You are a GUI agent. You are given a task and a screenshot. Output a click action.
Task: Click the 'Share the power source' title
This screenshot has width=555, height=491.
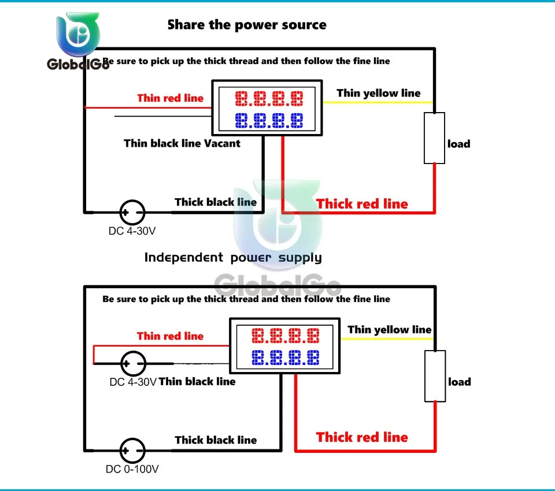point(247,25)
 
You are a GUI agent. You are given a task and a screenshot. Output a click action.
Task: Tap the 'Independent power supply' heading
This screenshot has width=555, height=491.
point(233,258)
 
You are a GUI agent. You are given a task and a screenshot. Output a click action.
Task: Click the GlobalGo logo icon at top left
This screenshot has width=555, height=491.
point(78,34)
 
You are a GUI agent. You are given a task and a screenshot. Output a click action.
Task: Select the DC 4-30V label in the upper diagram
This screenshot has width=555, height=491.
point(132,231)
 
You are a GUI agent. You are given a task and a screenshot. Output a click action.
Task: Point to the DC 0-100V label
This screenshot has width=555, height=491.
point(132,469)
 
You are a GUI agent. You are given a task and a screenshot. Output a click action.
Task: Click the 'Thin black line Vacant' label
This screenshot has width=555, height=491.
point(182,143)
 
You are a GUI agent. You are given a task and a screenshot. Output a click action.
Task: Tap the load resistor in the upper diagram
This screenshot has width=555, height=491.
point(434,138)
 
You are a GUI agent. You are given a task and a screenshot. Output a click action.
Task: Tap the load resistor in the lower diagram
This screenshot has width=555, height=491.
point(435,376)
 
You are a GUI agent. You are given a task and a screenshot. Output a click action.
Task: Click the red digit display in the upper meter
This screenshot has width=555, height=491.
point(269,99)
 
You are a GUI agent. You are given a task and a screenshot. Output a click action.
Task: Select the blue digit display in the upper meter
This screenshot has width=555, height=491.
point(269,120)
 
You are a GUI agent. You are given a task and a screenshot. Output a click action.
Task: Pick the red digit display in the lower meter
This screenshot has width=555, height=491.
point(285,336)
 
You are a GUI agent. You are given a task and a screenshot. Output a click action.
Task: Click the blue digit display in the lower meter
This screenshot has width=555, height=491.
point(285,358)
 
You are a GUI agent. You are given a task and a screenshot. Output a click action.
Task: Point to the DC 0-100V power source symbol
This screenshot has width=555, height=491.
point(132,451)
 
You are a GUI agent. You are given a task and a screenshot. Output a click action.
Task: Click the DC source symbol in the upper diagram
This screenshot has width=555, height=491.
point(132,212)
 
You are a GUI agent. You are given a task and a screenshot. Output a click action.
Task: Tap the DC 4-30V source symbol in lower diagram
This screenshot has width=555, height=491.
point(133,363)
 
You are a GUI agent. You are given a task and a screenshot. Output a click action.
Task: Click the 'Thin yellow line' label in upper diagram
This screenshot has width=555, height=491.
point(378,93)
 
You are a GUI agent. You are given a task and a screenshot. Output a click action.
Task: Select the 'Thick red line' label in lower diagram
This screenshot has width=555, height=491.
point(362,437)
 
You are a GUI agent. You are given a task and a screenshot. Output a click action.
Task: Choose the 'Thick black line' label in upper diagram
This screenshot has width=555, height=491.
point(216,202)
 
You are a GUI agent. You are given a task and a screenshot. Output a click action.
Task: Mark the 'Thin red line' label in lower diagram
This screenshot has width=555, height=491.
point(170,336)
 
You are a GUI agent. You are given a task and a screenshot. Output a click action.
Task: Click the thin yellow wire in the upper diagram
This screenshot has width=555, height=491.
point(378,102)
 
